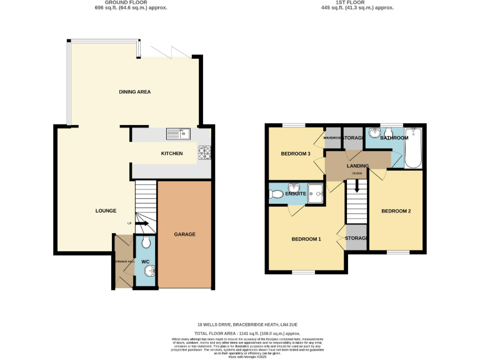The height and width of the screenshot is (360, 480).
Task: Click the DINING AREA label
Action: click(x=134, y=92)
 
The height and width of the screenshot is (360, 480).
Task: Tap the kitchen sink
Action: click(x=178, y=133)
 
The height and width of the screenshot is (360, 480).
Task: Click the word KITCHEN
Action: click(x=172, y=153)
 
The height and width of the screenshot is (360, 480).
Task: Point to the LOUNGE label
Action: click(x=106, y=211)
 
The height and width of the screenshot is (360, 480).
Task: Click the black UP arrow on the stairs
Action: click(x=141, y=223)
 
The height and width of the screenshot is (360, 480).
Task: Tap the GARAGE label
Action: click(x=184, y=234)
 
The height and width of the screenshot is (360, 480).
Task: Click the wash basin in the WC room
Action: click(x=149, y=271)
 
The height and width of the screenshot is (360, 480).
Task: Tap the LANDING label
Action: click(x=357, y=166)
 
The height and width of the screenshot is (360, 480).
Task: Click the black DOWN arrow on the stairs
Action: click(x=357, y=186)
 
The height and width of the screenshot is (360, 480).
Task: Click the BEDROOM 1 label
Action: click(x=306, y=239)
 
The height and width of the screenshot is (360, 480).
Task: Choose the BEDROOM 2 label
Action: click(x=396, y=211)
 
